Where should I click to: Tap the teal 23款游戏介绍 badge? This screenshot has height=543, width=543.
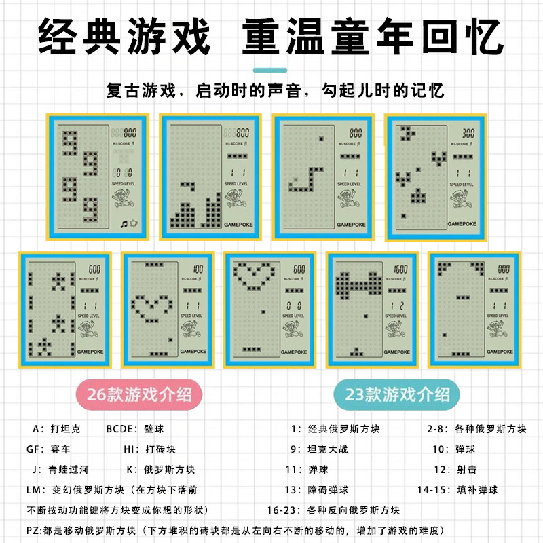pyautogui.click(x=396, y=394)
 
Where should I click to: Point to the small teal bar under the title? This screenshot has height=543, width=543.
pyautogui.click(x=271, y=70)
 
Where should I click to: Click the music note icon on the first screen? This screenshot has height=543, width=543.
pyautogui.click(x=124, y=223)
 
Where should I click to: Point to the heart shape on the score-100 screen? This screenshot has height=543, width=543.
pyautogui.click(x=151, y=306)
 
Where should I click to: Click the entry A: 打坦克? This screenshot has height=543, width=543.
pyautogui.click(x=56, y=429)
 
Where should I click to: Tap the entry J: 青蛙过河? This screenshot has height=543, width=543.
pyautogui.click(x=60, y=470)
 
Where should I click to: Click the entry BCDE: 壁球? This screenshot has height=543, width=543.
pyautogui.click(x=135, y=429)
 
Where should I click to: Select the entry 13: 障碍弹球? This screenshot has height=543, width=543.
pyautogui.click(x=317, y=490)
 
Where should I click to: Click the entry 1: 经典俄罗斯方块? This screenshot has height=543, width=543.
pyautogui.click(x=335, y=429)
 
